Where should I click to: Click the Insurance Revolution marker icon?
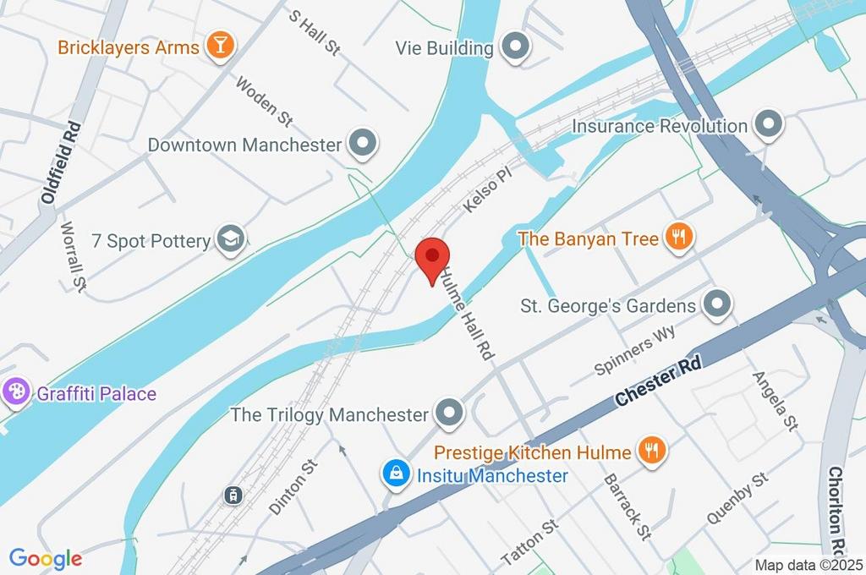pos(768,126)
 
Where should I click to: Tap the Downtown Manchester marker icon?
pos(363,145)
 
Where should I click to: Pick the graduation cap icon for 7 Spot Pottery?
pos(230,241)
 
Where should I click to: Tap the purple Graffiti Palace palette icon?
pos(15,393)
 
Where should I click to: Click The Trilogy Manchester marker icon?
pos(449,414)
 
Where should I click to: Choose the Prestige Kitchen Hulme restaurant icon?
pos(650,452)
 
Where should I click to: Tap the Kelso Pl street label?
pos(489,193)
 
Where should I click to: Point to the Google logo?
pos(45,558)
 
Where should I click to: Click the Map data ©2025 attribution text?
pos(808,565)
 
